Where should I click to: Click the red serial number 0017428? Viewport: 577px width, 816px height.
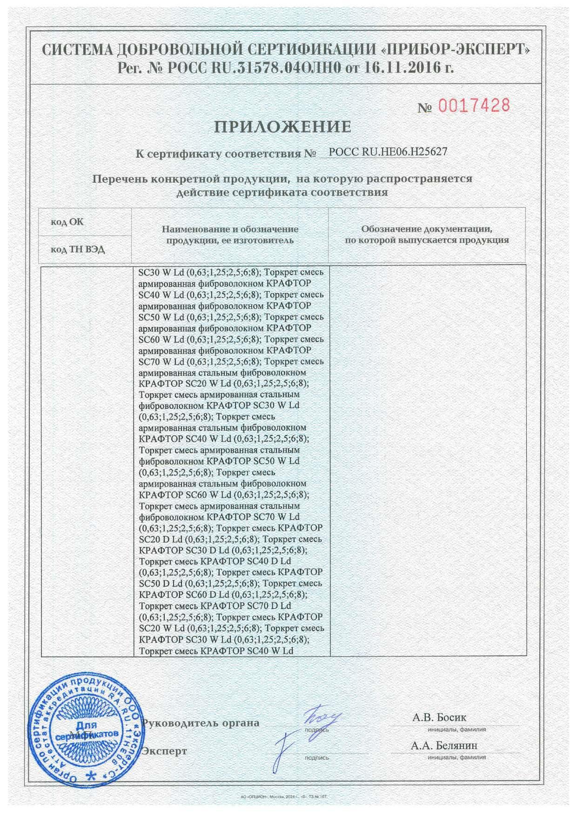point(474,106)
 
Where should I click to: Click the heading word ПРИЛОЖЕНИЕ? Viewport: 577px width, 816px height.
point(283,127)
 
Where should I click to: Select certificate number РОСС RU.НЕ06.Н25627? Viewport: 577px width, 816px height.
point(382,151)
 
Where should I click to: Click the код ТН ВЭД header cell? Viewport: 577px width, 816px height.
point(78,249)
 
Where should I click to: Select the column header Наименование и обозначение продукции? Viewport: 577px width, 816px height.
point(230,234)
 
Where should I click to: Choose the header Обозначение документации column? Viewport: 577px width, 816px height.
point(427,234)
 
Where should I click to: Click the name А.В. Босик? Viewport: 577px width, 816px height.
point(439,717)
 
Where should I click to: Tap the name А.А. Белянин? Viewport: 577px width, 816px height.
point(444,745)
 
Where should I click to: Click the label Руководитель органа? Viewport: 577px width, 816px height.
point(201,723)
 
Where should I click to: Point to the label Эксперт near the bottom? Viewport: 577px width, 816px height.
point(165,750)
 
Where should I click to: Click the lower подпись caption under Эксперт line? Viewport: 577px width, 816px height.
point(316,758)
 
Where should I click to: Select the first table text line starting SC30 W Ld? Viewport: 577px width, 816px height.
point(231,272)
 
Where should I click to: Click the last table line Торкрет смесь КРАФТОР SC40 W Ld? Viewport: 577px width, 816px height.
point(216,651)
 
